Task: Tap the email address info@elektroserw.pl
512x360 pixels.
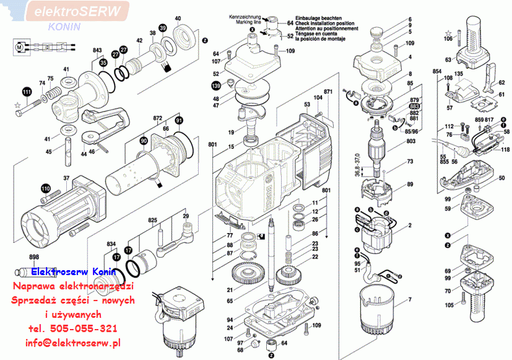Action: click(x=73, y=342)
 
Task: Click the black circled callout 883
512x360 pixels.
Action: click(x=415, y=106)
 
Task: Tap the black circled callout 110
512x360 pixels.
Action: click(x=45, y=188)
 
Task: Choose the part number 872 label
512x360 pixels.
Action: click(x=157, y=117)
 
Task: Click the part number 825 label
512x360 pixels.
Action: click(x=152, y=220)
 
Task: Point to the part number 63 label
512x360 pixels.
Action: click(x=448, y=60)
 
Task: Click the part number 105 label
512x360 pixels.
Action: click(x=449, y=304)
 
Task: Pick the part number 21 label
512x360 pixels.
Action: click(x=230, y=290)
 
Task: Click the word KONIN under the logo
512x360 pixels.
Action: click(x=64, y=27)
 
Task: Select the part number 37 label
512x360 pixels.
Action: click(x=66, y=179)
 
